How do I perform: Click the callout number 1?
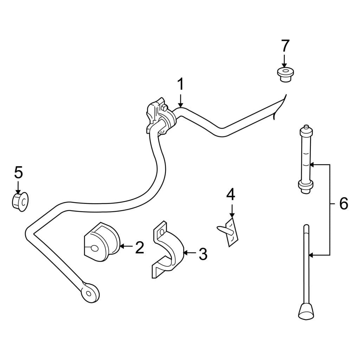181,84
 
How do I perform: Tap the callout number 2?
140,247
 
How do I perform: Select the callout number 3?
203,254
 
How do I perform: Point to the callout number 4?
231,195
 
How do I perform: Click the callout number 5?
18,173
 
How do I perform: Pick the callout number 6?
344,204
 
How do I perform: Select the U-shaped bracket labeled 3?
168,249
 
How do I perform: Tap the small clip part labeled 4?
229,232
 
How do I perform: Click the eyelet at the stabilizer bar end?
90,293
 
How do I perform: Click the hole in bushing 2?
94,249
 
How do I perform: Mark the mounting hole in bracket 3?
162,232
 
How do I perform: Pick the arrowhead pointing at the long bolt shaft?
311,255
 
